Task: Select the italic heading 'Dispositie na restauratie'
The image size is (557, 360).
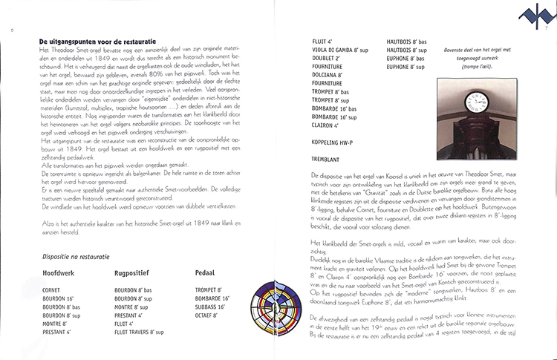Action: point(74,256)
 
